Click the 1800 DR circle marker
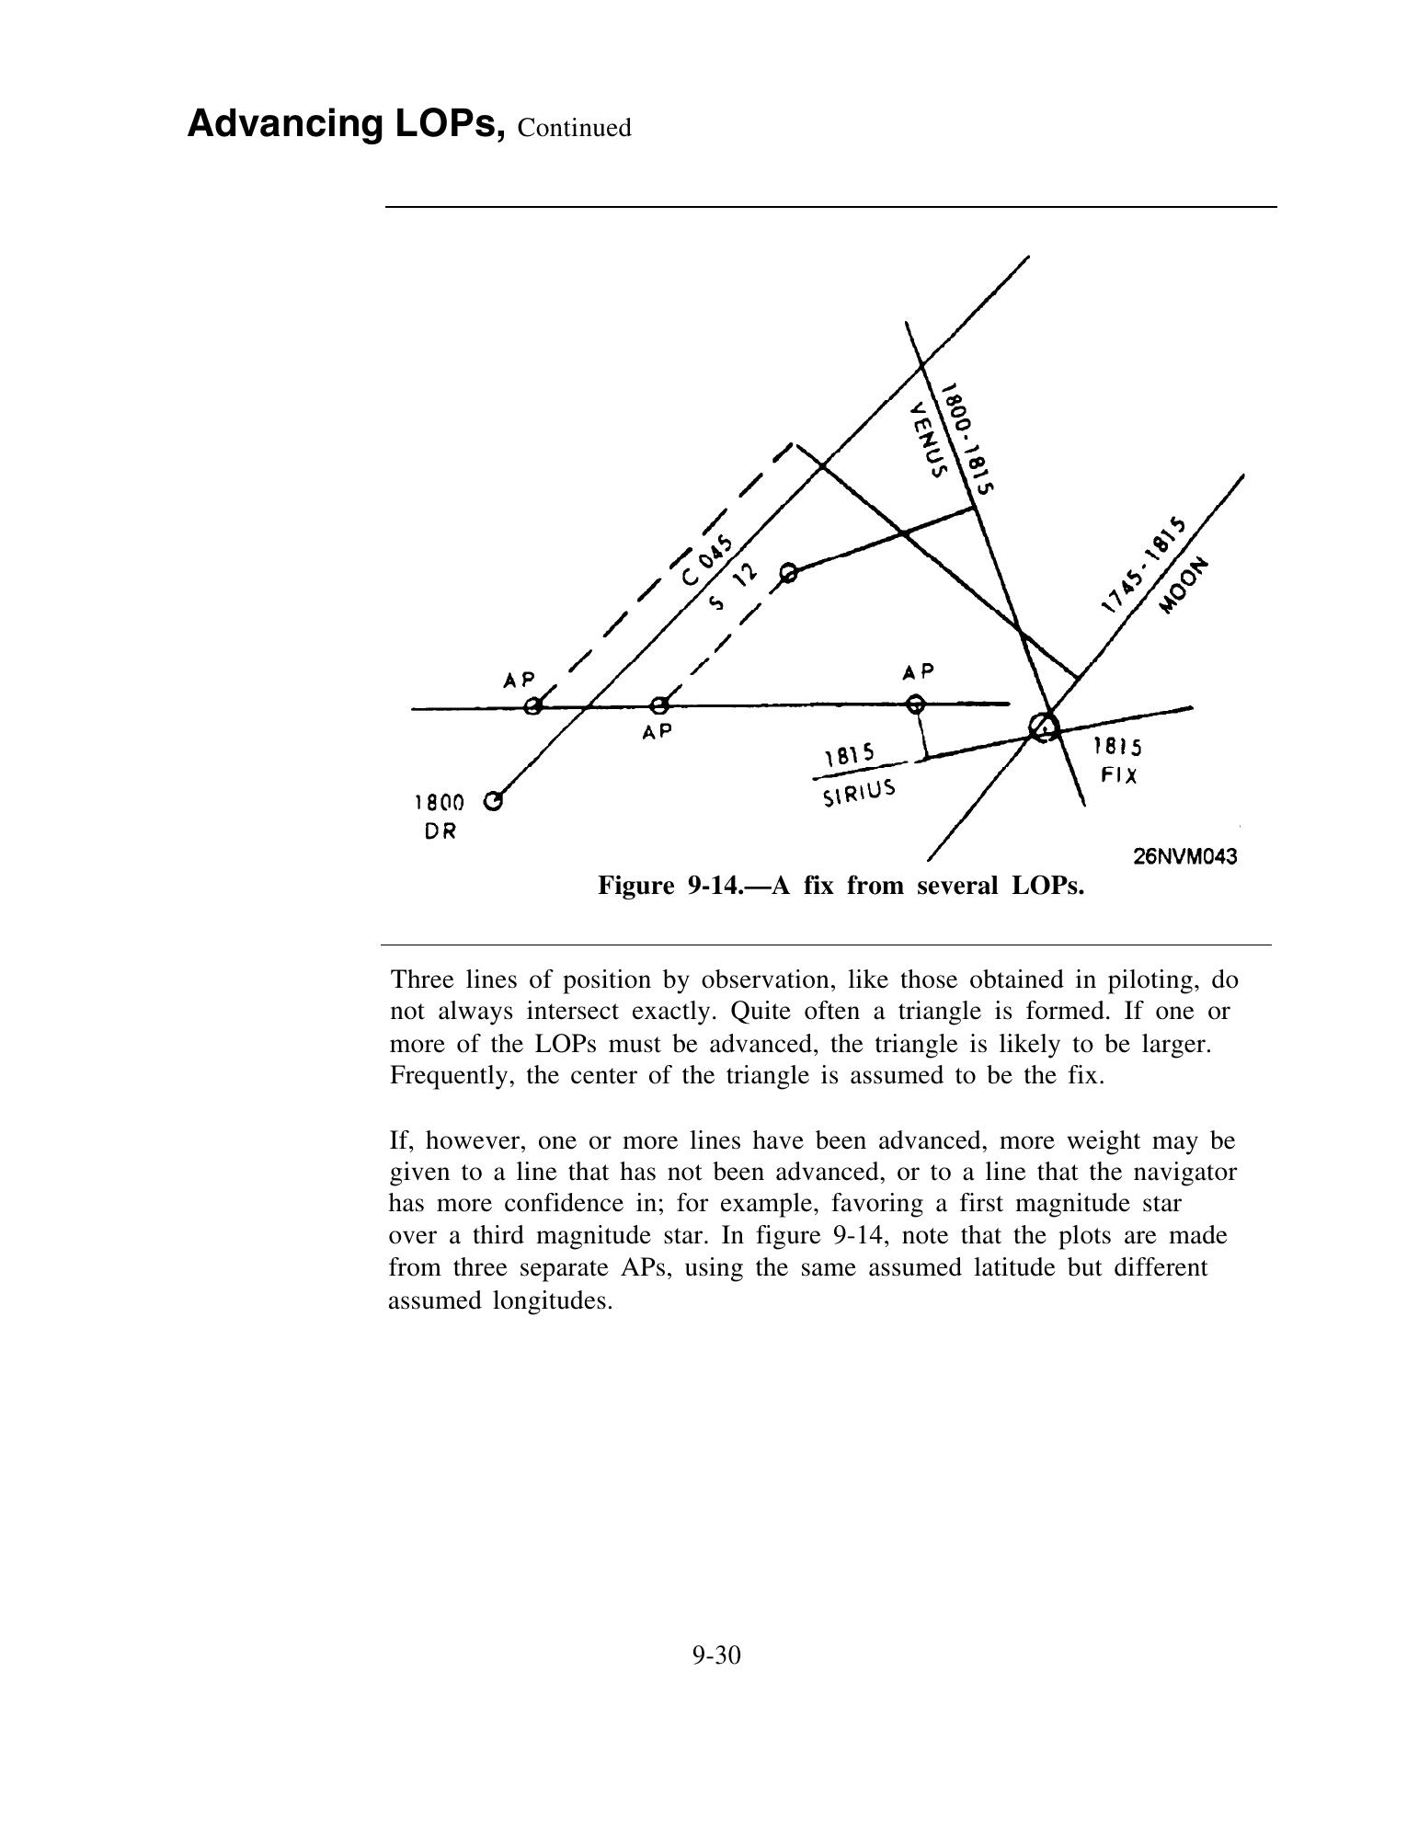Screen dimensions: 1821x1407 pyautogui.click(x=494, y=801)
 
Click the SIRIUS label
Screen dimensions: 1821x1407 pyautogui.click(x=858, y=791)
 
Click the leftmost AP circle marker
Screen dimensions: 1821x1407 pyautogui.click(x=532, y=706)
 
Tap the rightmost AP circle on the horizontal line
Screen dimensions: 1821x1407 pyautogui.click(x=915, y=704)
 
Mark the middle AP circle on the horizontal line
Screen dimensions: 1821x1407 pyautogui.click(x=658, y=706)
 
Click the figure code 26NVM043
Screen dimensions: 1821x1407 pyautogui.click(x=1184, y=856)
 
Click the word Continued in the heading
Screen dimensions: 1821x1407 pyautogui.click(x=575, y=128)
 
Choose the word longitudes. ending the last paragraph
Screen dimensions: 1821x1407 pyautogui.click(x=500, y=1300)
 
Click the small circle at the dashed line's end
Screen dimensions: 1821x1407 pyautogui.click(x=788, y=574)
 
